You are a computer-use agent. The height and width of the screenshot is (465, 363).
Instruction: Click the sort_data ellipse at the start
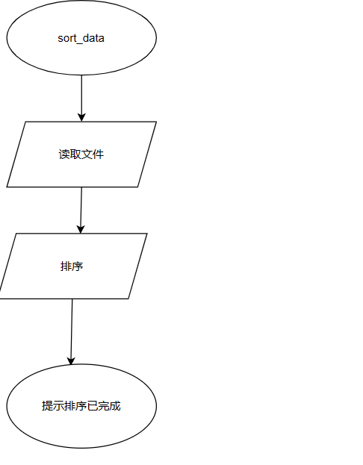coord(81,37)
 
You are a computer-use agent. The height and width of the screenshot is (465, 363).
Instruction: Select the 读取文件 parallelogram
coord(81,155)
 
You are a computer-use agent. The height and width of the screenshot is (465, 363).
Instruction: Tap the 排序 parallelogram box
coord(72,266)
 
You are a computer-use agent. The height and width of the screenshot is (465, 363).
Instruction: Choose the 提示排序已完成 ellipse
coord(81,406)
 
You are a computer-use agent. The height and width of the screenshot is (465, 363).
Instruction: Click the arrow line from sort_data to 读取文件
coord(81,99)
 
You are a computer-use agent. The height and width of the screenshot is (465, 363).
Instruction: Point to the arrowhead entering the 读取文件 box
coord(81,117)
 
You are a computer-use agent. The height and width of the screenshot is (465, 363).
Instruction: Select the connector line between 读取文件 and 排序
coord(81,210)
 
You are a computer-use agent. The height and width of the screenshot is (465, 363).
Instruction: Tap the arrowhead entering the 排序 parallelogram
coord(81,229)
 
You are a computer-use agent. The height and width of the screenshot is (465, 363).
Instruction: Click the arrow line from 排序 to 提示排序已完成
coord(72,331)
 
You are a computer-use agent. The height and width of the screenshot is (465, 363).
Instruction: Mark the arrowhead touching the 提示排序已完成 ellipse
coord(71,361)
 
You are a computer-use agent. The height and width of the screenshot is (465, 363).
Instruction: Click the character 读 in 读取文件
coord(64,155)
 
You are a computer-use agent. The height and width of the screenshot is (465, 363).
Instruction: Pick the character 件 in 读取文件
coord(99,155)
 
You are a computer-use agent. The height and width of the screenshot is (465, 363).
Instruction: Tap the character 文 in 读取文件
coord(87,155)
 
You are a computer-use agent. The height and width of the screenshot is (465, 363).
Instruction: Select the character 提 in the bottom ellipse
coord(47,406)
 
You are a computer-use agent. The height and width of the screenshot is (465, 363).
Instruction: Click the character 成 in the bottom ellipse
coord(115,406)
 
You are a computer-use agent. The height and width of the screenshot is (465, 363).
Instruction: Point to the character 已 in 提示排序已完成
coord(93,406)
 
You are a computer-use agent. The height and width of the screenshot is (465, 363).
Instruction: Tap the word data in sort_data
coord(93,38)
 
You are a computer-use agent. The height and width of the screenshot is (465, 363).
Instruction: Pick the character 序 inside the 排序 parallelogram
coord(78,266)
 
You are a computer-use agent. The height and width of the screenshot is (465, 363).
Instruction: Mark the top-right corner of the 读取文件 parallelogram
coord(156,122)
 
